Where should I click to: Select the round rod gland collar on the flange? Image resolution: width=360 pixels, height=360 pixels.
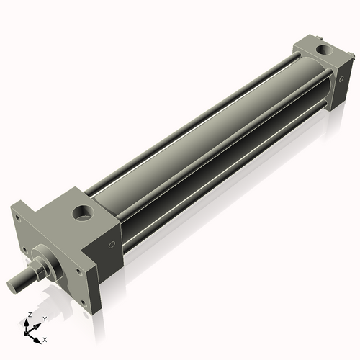(48, 259)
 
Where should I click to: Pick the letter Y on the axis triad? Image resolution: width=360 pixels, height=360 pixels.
(45, 319)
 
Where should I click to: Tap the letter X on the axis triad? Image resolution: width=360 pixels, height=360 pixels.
(45, 338)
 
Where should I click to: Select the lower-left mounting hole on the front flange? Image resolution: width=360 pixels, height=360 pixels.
(27, 252)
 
